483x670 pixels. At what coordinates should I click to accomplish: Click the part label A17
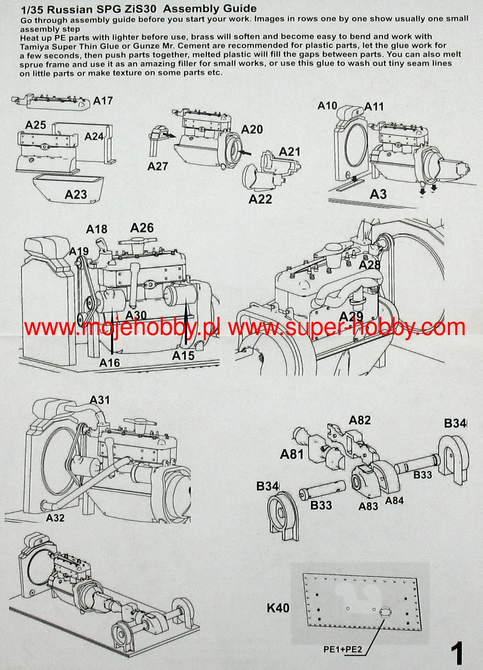(x=103, y=101)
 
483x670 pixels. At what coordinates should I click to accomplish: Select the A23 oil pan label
(x=76, y=194)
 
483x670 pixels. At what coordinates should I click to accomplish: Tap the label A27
(x=158, y=166)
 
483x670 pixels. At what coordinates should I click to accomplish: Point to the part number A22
(x=260, y=199)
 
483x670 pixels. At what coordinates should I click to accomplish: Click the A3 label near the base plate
(x=378, y=194)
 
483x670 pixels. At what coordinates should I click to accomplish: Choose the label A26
(x=142, y=228)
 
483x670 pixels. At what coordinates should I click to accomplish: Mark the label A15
(x=183, y=356)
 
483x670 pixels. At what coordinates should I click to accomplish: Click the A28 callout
(x=370, y=265)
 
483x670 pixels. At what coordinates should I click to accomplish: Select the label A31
(x=100, y=400)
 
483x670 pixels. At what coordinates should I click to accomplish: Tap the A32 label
(x=55, y=518)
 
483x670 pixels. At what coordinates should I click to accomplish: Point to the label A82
(x=360, y=420)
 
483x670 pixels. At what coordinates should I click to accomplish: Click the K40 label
(x=278, y=607)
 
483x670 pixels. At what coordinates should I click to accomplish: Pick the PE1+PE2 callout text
(x=343, y=650)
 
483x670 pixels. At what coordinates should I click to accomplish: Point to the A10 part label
(x=327, y=106)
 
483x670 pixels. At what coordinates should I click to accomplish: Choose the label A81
(x=292, y=454)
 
